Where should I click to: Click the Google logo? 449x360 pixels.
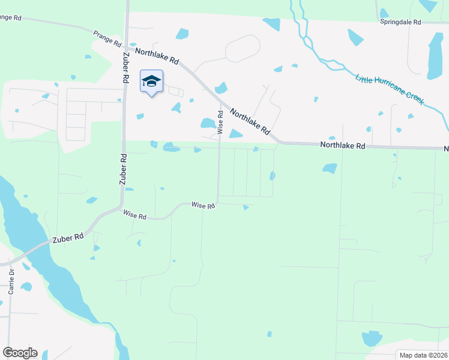pyautogui.click(x=20, y=352)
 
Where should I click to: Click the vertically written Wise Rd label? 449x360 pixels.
pyautogui.click(x=220, y=122)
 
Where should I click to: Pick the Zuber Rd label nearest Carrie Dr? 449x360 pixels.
pyautogui.click(x=67, y=238)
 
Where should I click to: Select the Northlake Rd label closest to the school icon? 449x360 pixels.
pyautogui.click(x=157, y=56)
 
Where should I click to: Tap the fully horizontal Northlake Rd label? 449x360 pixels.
pyautogui.click(x=343, y=146)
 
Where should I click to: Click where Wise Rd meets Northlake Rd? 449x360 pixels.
pyautogui.click(x=220, y=103)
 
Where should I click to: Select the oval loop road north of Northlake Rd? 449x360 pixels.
pyautogui.click(x=243, y=48)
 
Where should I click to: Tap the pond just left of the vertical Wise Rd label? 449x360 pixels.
pyautogui.click(x=208, y=123)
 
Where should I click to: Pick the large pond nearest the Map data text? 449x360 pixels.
pyautogui.click(x=372, y=338)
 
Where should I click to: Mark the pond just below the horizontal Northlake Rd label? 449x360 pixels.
pyautogui.click(x=330, y=169)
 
